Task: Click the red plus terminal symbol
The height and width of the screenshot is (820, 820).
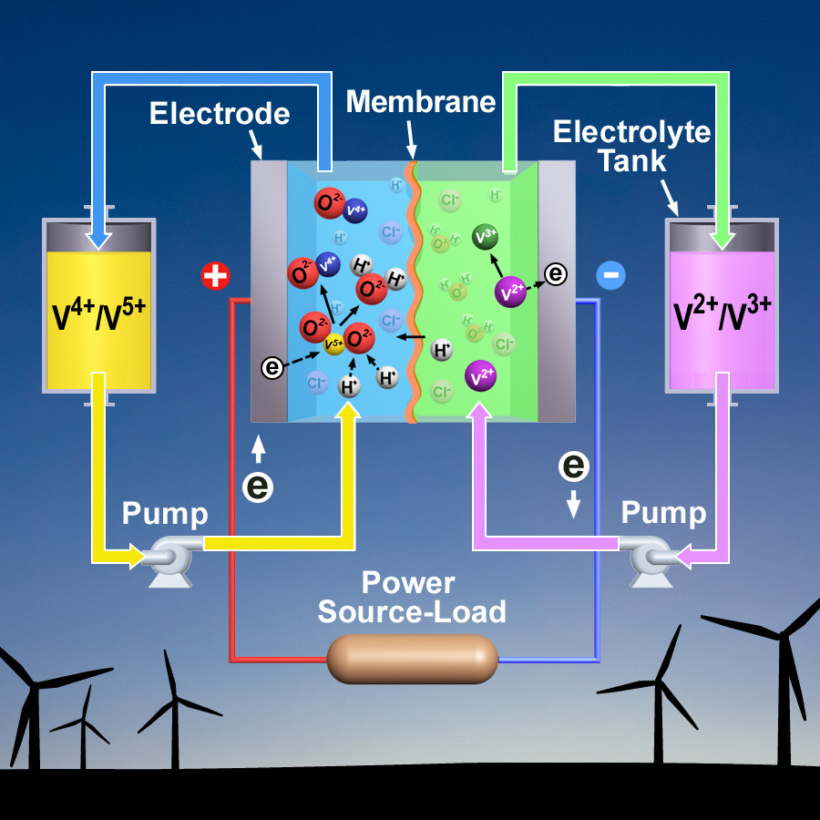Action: (x=215, y=276)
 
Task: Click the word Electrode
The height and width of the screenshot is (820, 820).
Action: (x=220, y=114)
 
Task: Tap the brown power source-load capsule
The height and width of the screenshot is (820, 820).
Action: (x=413, y=658)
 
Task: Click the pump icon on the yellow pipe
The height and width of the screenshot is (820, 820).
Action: (x=169, y=553)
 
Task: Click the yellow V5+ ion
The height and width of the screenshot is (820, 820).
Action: (x=334, y=345)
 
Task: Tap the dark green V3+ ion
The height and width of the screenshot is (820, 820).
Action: (x=486, y=237)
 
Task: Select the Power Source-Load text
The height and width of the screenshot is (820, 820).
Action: (x=412, y=597)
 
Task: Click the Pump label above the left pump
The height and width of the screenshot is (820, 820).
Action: (x=165, y=514)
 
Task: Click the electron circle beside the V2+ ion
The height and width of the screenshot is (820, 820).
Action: (x=555, y=272)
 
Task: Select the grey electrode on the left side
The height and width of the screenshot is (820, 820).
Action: (x=269, y=292)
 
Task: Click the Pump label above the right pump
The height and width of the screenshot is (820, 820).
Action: (x=663, y=513)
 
